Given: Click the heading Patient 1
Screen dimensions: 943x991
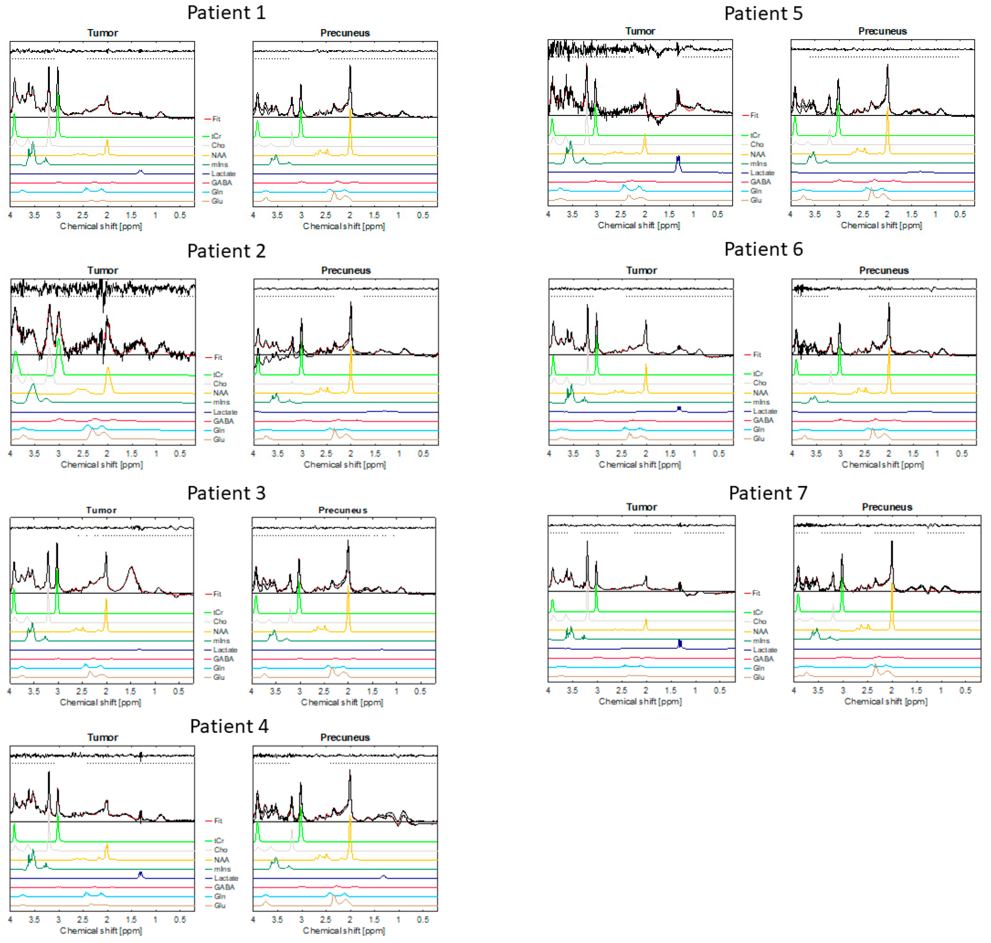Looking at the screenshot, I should click(x=226, y=13).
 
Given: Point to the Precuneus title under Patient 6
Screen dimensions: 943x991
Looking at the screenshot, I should click(x=884, y=271).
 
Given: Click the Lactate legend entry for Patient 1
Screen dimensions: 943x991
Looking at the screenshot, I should click(x=223, y=173).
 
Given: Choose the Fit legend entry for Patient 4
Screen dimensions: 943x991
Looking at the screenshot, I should click(x=218, y=821).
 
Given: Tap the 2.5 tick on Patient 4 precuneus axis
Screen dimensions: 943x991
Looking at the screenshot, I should click(x=326, y=919).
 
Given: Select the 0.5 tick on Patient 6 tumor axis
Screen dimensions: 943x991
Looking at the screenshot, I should click(x=719, y=453).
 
